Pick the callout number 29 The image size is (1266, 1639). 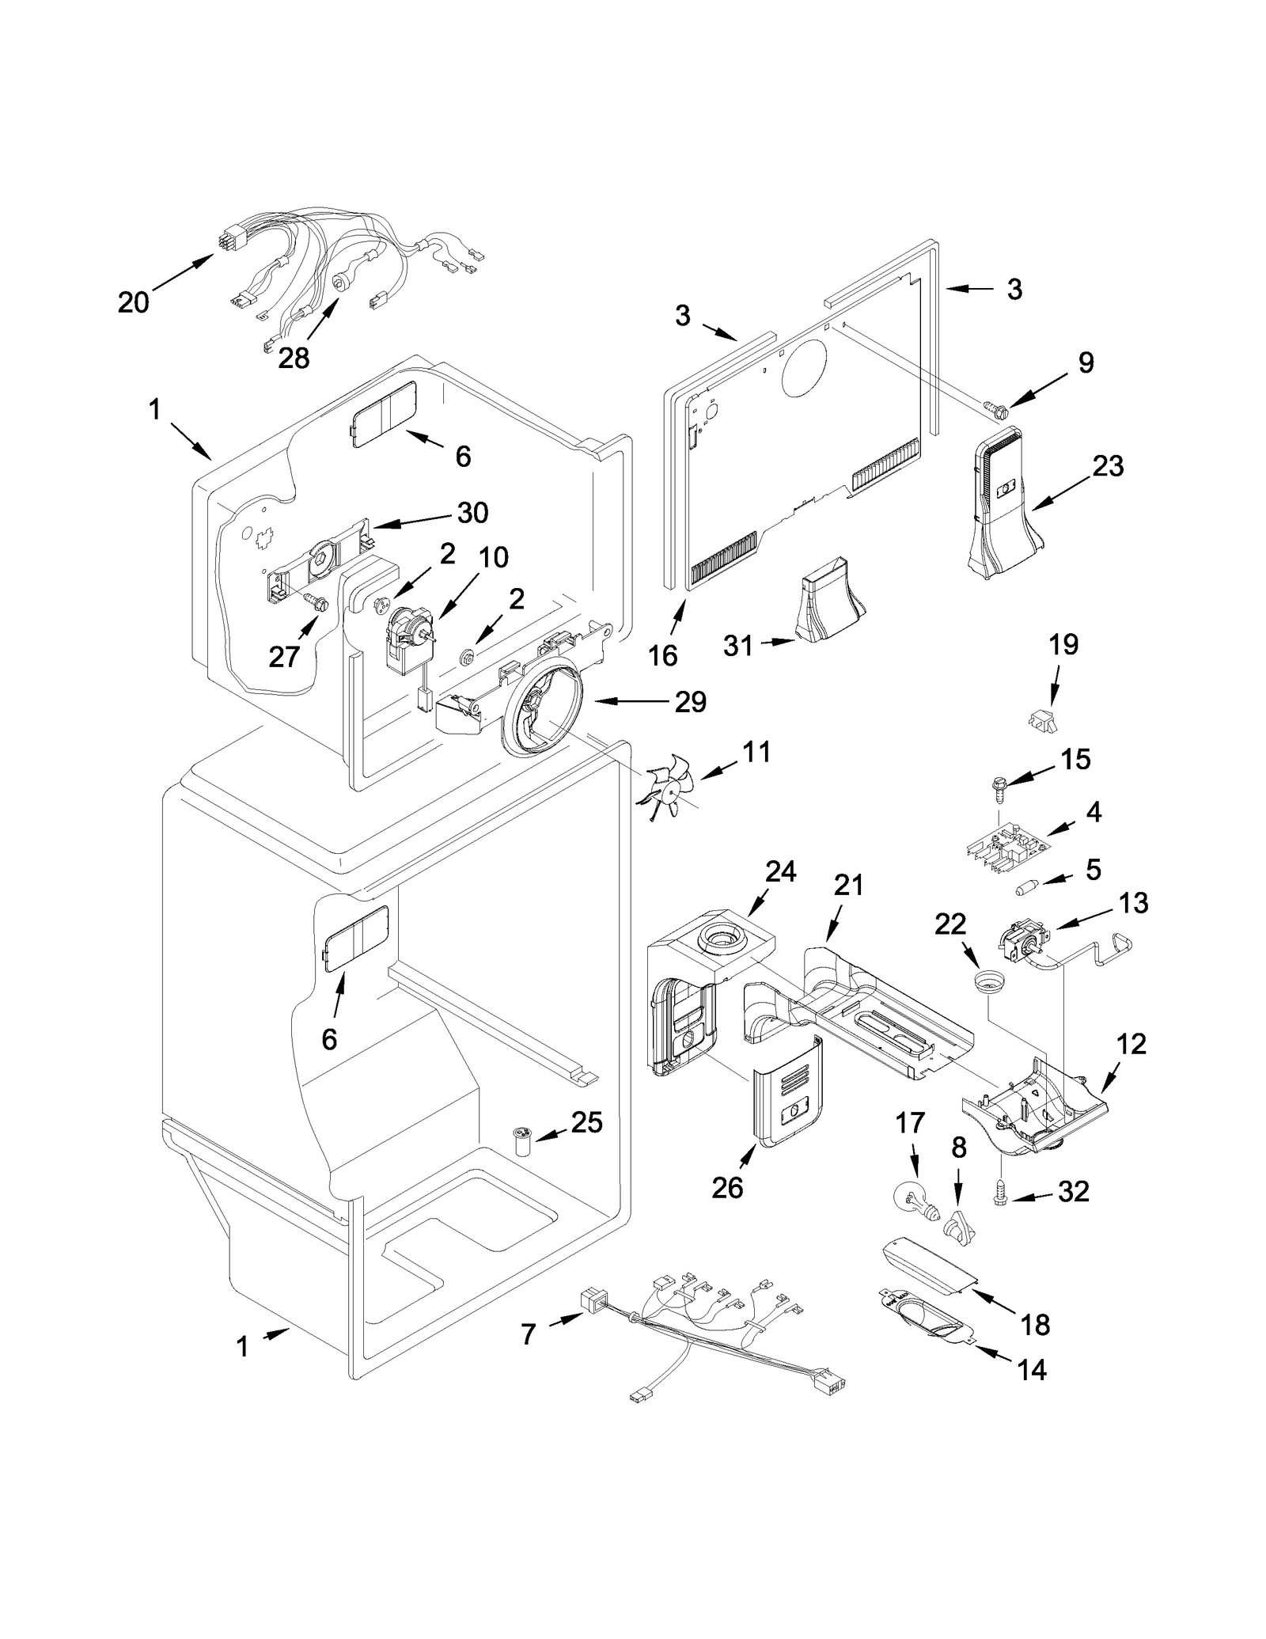pos(690,701)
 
